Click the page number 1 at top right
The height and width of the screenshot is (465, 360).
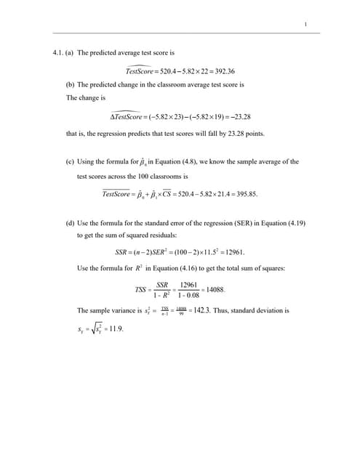point(306,25)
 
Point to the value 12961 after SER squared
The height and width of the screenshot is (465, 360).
point(231,252)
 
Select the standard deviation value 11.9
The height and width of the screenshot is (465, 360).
point(114,328)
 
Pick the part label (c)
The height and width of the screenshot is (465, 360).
point(70,161)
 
